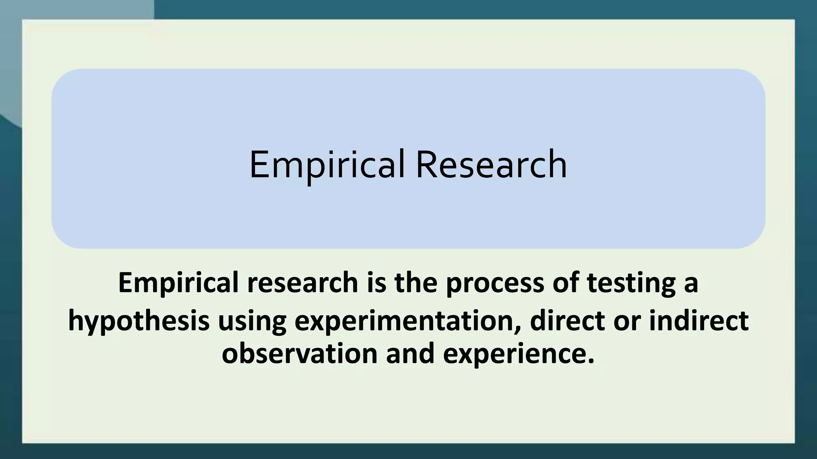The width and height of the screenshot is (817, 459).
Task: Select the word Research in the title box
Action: pyautogui.click(x=491, y=165)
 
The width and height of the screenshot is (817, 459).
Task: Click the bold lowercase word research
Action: pyautogui.click(x=302, y=282)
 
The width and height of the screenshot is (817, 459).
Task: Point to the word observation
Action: pyautogui.click(x=300, y=353)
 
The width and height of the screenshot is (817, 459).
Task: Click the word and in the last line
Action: pyautogui.click(x=410, y=353)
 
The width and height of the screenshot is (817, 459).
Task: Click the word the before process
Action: pyautogui.click(x=416, y=282)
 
